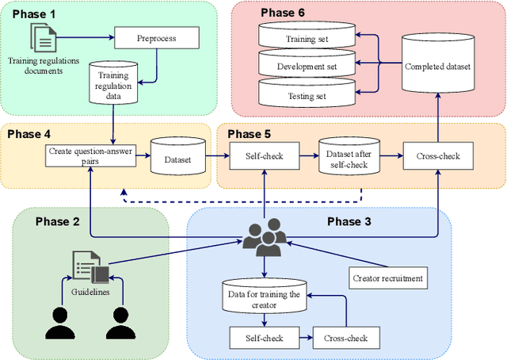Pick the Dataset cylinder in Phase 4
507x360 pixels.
(177, 155)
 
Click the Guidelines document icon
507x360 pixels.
(90, 269)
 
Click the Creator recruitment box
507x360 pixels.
(386, 278)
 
